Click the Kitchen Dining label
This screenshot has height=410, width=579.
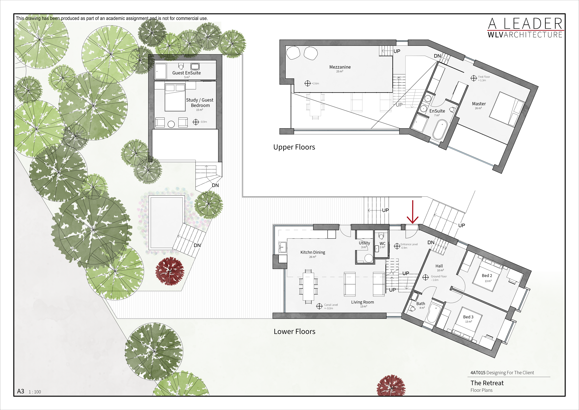(x=313, y=252)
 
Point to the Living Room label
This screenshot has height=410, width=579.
(x=362, y=302)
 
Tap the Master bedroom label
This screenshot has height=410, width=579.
(x=479, y=104)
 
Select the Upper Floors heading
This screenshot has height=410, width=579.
(x=294, y=147)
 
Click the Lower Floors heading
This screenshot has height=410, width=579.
(x=294, y=331)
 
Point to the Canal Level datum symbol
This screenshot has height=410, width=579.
(x=319, y=306)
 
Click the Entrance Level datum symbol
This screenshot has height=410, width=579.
(x=397, y=246)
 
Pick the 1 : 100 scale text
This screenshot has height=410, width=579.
(x=35, y=392)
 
